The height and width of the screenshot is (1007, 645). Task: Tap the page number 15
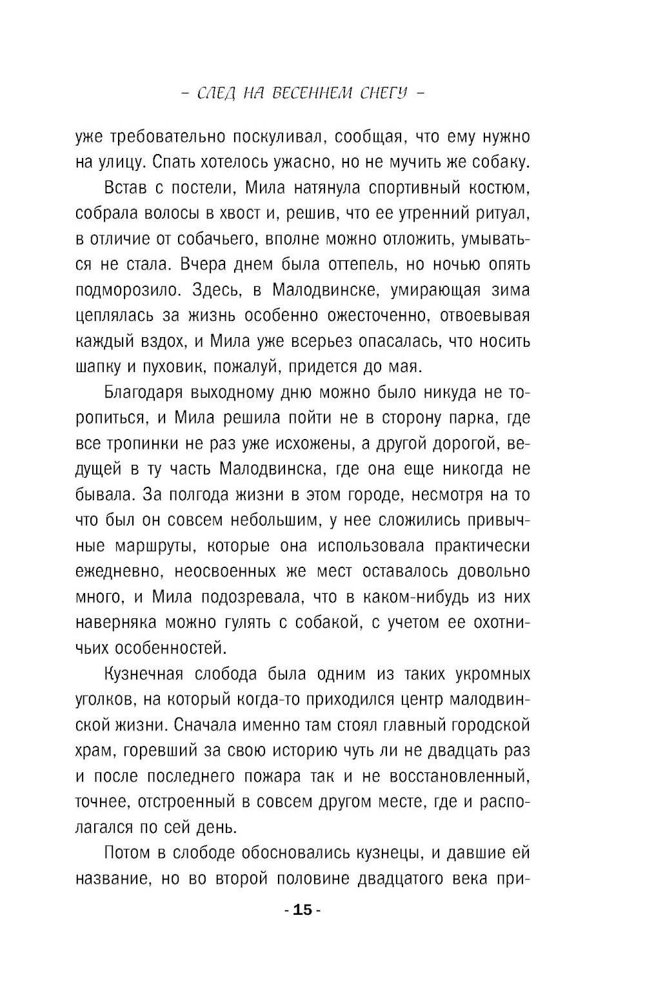point(303,910)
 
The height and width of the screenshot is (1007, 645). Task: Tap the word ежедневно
point(113,571)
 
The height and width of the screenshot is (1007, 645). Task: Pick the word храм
point(94,750)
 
